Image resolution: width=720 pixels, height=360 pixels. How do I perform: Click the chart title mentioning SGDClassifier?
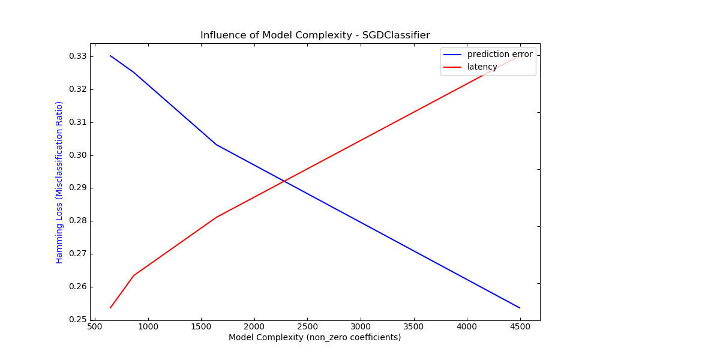coord(315,35)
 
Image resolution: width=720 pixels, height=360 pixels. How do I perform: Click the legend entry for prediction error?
coord(499,54)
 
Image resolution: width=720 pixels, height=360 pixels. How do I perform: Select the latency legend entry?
coord(482,67)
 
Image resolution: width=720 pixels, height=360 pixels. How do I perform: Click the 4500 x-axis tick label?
coord(520,327)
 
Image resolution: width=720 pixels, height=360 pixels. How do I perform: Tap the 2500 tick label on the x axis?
coord(307,327)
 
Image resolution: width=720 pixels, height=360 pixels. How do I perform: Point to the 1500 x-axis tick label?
coord(200,327)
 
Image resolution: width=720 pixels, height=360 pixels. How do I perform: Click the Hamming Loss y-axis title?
coord(59,182)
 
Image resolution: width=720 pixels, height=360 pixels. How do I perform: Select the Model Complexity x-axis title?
coord(314,338)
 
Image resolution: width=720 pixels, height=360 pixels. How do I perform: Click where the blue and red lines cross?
coord(284,181)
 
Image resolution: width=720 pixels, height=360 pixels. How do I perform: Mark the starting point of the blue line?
coord(110,56)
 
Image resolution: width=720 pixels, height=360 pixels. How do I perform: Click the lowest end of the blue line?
coord(520,308)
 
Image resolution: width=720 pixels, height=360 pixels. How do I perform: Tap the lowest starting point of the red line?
coord(110,308)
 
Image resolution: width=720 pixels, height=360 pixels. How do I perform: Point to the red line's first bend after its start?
coord(133,275)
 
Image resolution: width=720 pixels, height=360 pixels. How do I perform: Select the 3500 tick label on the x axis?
coord(413,327)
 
